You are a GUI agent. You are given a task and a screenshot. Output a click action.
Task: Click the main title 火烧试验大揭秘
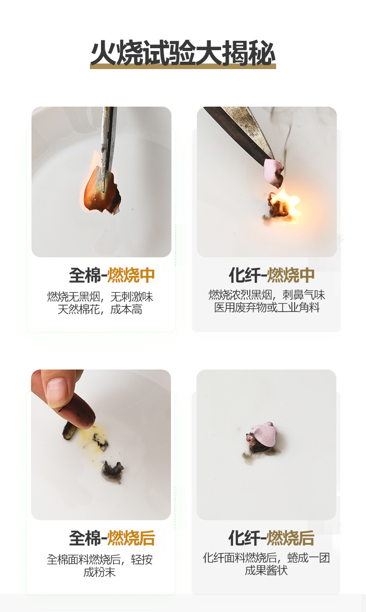[x=183, y=53]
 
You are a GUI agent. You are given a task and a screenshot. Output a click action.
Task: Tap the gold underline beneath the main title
[x=183, y=66]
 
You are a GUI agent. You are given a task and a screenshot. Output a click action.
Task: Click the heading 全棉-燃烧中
[x=112, y=275]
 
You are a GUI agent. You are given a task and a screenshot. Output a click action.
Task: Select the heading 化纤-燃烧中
[x=271, y=275]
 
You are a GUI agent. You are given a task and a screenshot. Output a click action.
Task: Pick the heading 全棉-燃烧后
[x=112, y=538]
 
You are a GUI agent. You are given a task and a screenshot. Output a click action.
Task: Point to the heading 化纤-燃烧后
[x=271, y=538]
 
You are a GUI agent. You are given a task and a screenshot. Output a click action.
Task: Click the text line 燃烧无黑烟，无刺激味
[x=100, y=297]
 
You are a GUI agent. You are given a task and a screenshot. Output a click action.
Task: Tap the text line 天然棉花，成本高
[x=100, y=310]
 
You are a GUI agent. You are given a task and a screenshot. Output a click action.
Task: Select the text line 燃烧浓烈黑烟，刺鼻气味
[x=267, y=295]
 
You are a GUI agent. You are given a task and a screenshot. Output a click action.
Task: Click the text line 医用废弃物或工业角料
[x=267, y=308]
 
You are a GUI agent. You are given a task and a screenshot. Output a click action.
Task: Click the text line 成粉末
[x=100, y=572]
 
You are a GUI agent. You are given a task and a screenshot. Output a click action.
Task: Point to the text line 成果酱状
[x=266, y=570]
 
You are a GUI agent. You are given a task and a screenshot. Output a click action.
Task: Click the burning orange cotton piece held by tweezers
[x=101, y=190]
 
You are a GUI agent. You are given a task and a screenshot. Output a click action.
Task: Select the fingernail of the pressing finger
[x=57, y=389]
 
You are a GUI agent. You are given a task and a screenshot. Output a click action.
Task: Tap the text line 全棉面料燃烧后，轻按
[x=100, y=559]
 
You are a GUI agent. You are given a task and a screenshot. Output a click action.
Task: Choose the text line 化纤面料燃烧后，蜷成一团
[x=266, y=558]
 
